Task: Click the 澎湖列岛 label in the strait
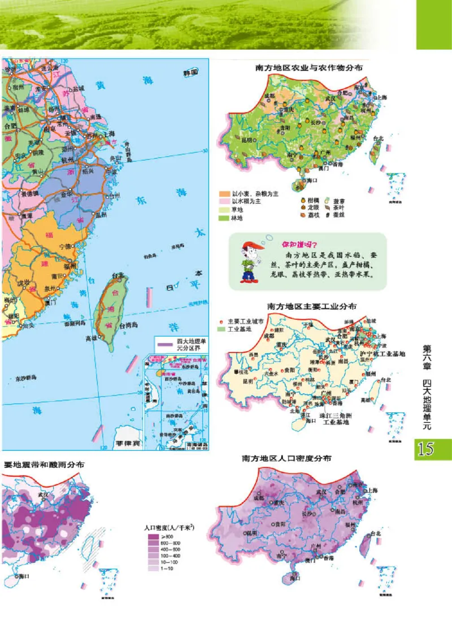[74, 325]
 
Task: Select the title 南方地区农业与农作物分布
[308, 67]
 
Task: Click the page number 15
[433, 449]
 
